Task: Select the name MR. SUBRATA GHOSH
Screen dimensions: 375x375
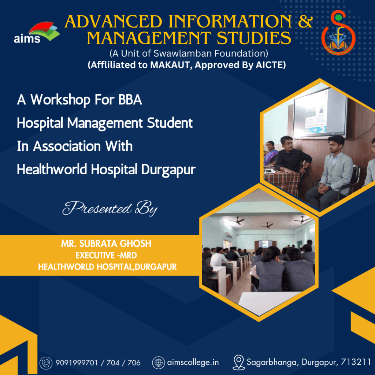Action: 106,244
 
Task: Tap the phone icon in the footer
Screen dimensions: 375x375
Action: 46,363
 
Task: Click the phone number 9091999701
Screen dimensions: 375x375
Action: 77,363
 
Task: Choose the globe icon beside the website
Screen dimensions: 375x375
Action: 158,363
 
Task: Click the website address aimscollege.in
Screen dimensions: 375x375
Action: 193,363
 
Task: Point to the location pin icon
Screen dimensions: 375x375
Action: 238,363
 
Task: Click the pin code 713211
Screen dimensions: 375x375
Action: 356,363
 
